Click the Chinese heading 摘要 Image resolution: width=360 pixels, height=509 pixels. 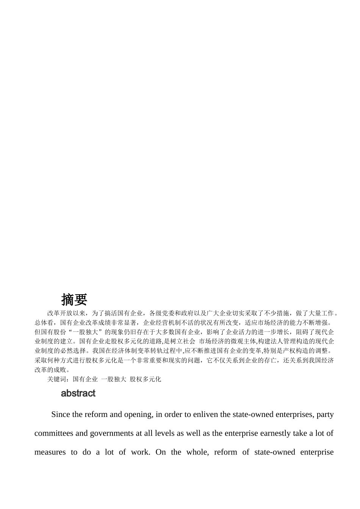(x=74, y=300)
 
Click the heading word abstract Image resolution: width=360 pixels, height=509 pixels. (x=78, y=393)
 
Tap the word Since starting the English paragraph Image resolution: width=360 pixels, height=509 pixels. (x=61, y=414)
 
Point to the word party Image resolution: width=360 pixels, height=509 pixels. (x=325, y=414)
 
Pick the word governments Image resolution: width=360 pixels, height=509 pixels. (x=110, y=433)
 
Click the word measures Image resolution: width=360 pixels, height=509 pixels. (x=50, y=452)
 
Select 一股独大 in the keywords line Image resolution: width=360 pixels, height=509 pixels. (x=114, y=379)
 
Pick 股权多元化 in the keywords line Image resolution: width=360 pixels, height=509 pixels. (x=146, y=379)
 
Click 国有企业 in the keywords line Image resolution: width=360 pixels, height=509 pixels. (x=85, y=379)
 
